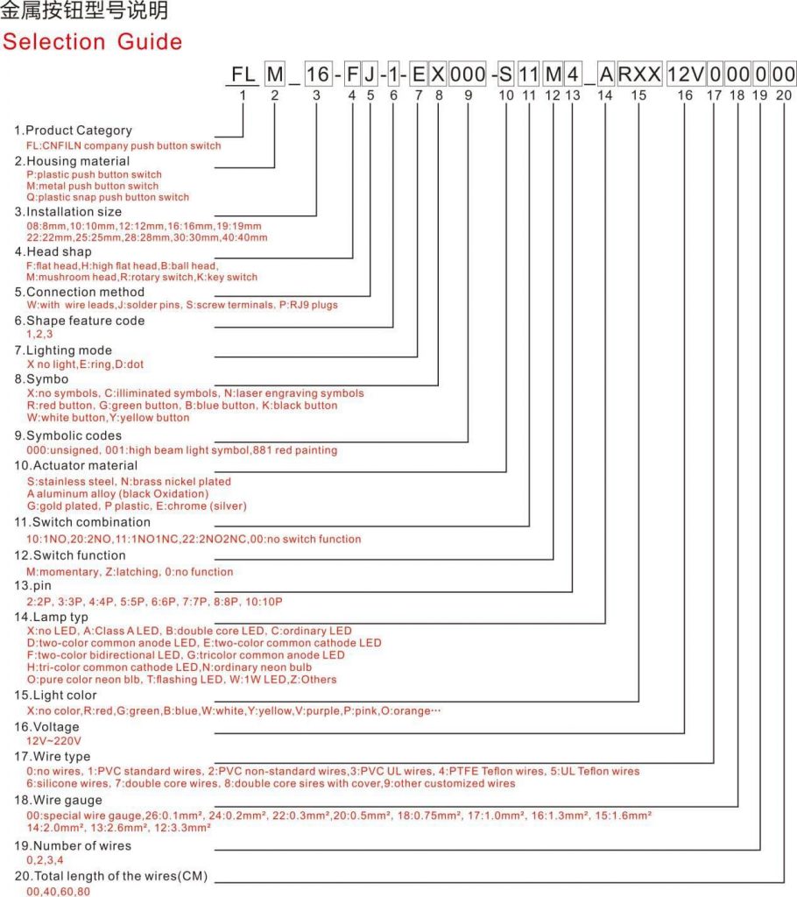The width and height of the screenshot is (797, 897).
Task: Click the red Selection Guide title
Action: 92,41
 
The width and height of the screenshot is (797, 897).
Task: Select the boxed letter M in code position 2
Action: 275,74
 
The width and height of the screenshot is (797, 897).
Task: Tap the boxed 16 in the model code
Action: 316,74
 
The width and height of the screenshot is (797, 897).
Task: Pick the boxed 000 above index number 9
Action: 468,74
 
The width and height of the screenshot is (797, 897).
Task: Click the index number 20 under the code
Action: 784,95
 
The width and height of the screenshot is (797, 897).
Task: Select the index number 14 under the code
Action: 605,95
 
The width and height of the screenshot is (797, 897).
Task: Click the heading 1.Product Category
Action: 73,131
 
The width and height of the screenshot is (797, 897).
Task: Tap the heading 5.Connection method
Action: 80,292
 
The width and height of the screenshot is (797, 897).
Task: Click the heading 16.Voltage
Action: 46,727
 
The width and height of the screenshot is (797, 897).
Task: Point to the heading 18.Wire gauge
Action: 58,800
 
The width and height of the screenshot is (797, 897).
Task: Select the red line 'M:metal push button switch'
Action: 93,186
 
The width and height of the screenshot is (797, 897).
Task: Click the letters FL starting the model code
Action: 241,74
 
